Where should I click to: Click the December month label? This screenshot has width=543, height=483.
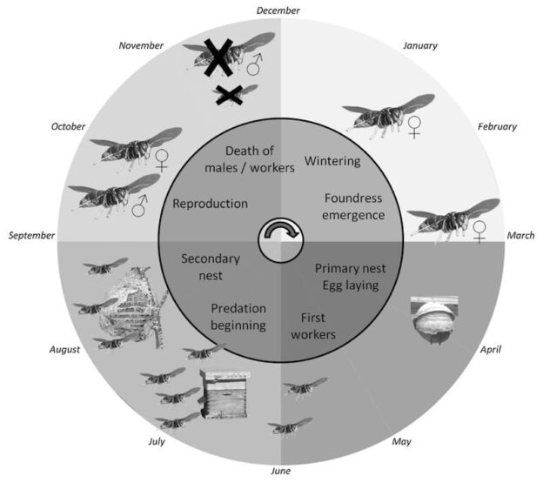point(278,10)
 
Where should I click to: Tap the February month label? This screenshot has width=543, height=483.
point(497,127)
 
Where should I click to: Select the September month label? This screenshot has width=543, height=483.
point(31,236)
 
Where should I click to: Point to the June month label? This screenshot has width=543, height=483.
point(281,471)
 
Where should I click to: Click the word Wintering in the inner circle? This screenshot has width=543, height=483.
point(332,161)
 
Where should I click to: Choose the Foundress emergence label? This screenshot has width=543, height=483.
point(353,207)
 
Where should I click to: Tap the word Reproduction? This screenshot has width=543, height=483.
point(211,204)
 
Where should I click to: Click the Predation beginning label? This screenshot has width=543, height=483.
point(238,317)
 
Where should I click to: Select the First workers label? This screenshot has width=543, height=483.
point(313,326)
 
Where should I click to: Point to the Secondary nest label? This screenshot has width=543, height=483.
point(211,267)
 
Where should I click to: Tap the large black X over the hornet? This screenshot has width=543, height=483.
point(218,57)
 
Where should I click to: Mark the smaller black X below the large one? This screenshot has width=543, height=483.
point(229,95)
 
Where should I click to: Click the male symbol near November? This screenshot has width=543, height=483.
point(254,64)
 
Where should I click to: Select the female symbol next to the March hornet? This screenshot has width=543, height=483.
point(479,232)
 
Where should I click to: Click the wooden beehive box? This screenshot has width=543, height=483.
point(225,394)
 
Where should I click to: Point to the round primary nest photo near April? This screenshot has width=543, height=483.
point(434,319)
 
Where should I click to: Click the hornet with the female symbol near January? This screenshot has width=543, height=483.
point(388,116)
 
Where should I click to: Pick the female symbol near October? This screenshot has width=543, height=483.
point(162,161)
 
